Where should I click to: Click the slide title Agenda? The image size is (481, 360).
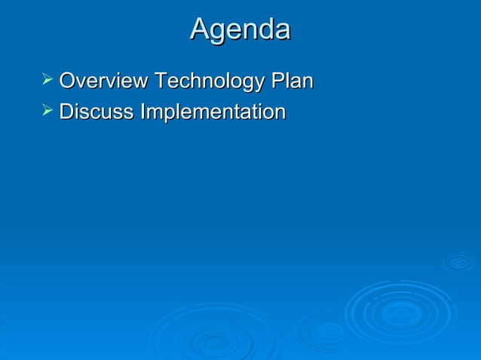(x=240, y=29)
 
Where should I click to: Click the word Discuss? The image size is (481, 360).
(x=97, y=112)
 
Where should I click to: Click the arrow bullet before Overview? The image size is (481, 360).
(x=47, y=79)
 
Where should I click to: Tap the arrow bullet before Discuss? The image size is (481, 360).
(x=47, y=111)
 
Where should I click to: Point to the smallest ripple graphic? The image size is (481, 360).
(x=458, y=262)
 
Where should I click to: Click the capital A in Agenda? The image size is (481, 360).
(x=200, y=29)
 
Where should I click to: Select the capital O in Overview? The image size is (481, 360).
(x=67, y=81)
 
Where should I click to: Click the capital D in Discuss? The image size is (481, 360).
(x=66, y=112)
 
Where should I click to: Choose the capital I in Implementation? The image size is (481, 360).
(x=142, y=112)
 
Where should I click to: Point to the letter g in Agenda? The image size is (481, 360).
(x=219, y=32)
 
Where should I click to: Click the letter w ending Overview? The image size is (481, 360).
(x=141, y=82)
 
